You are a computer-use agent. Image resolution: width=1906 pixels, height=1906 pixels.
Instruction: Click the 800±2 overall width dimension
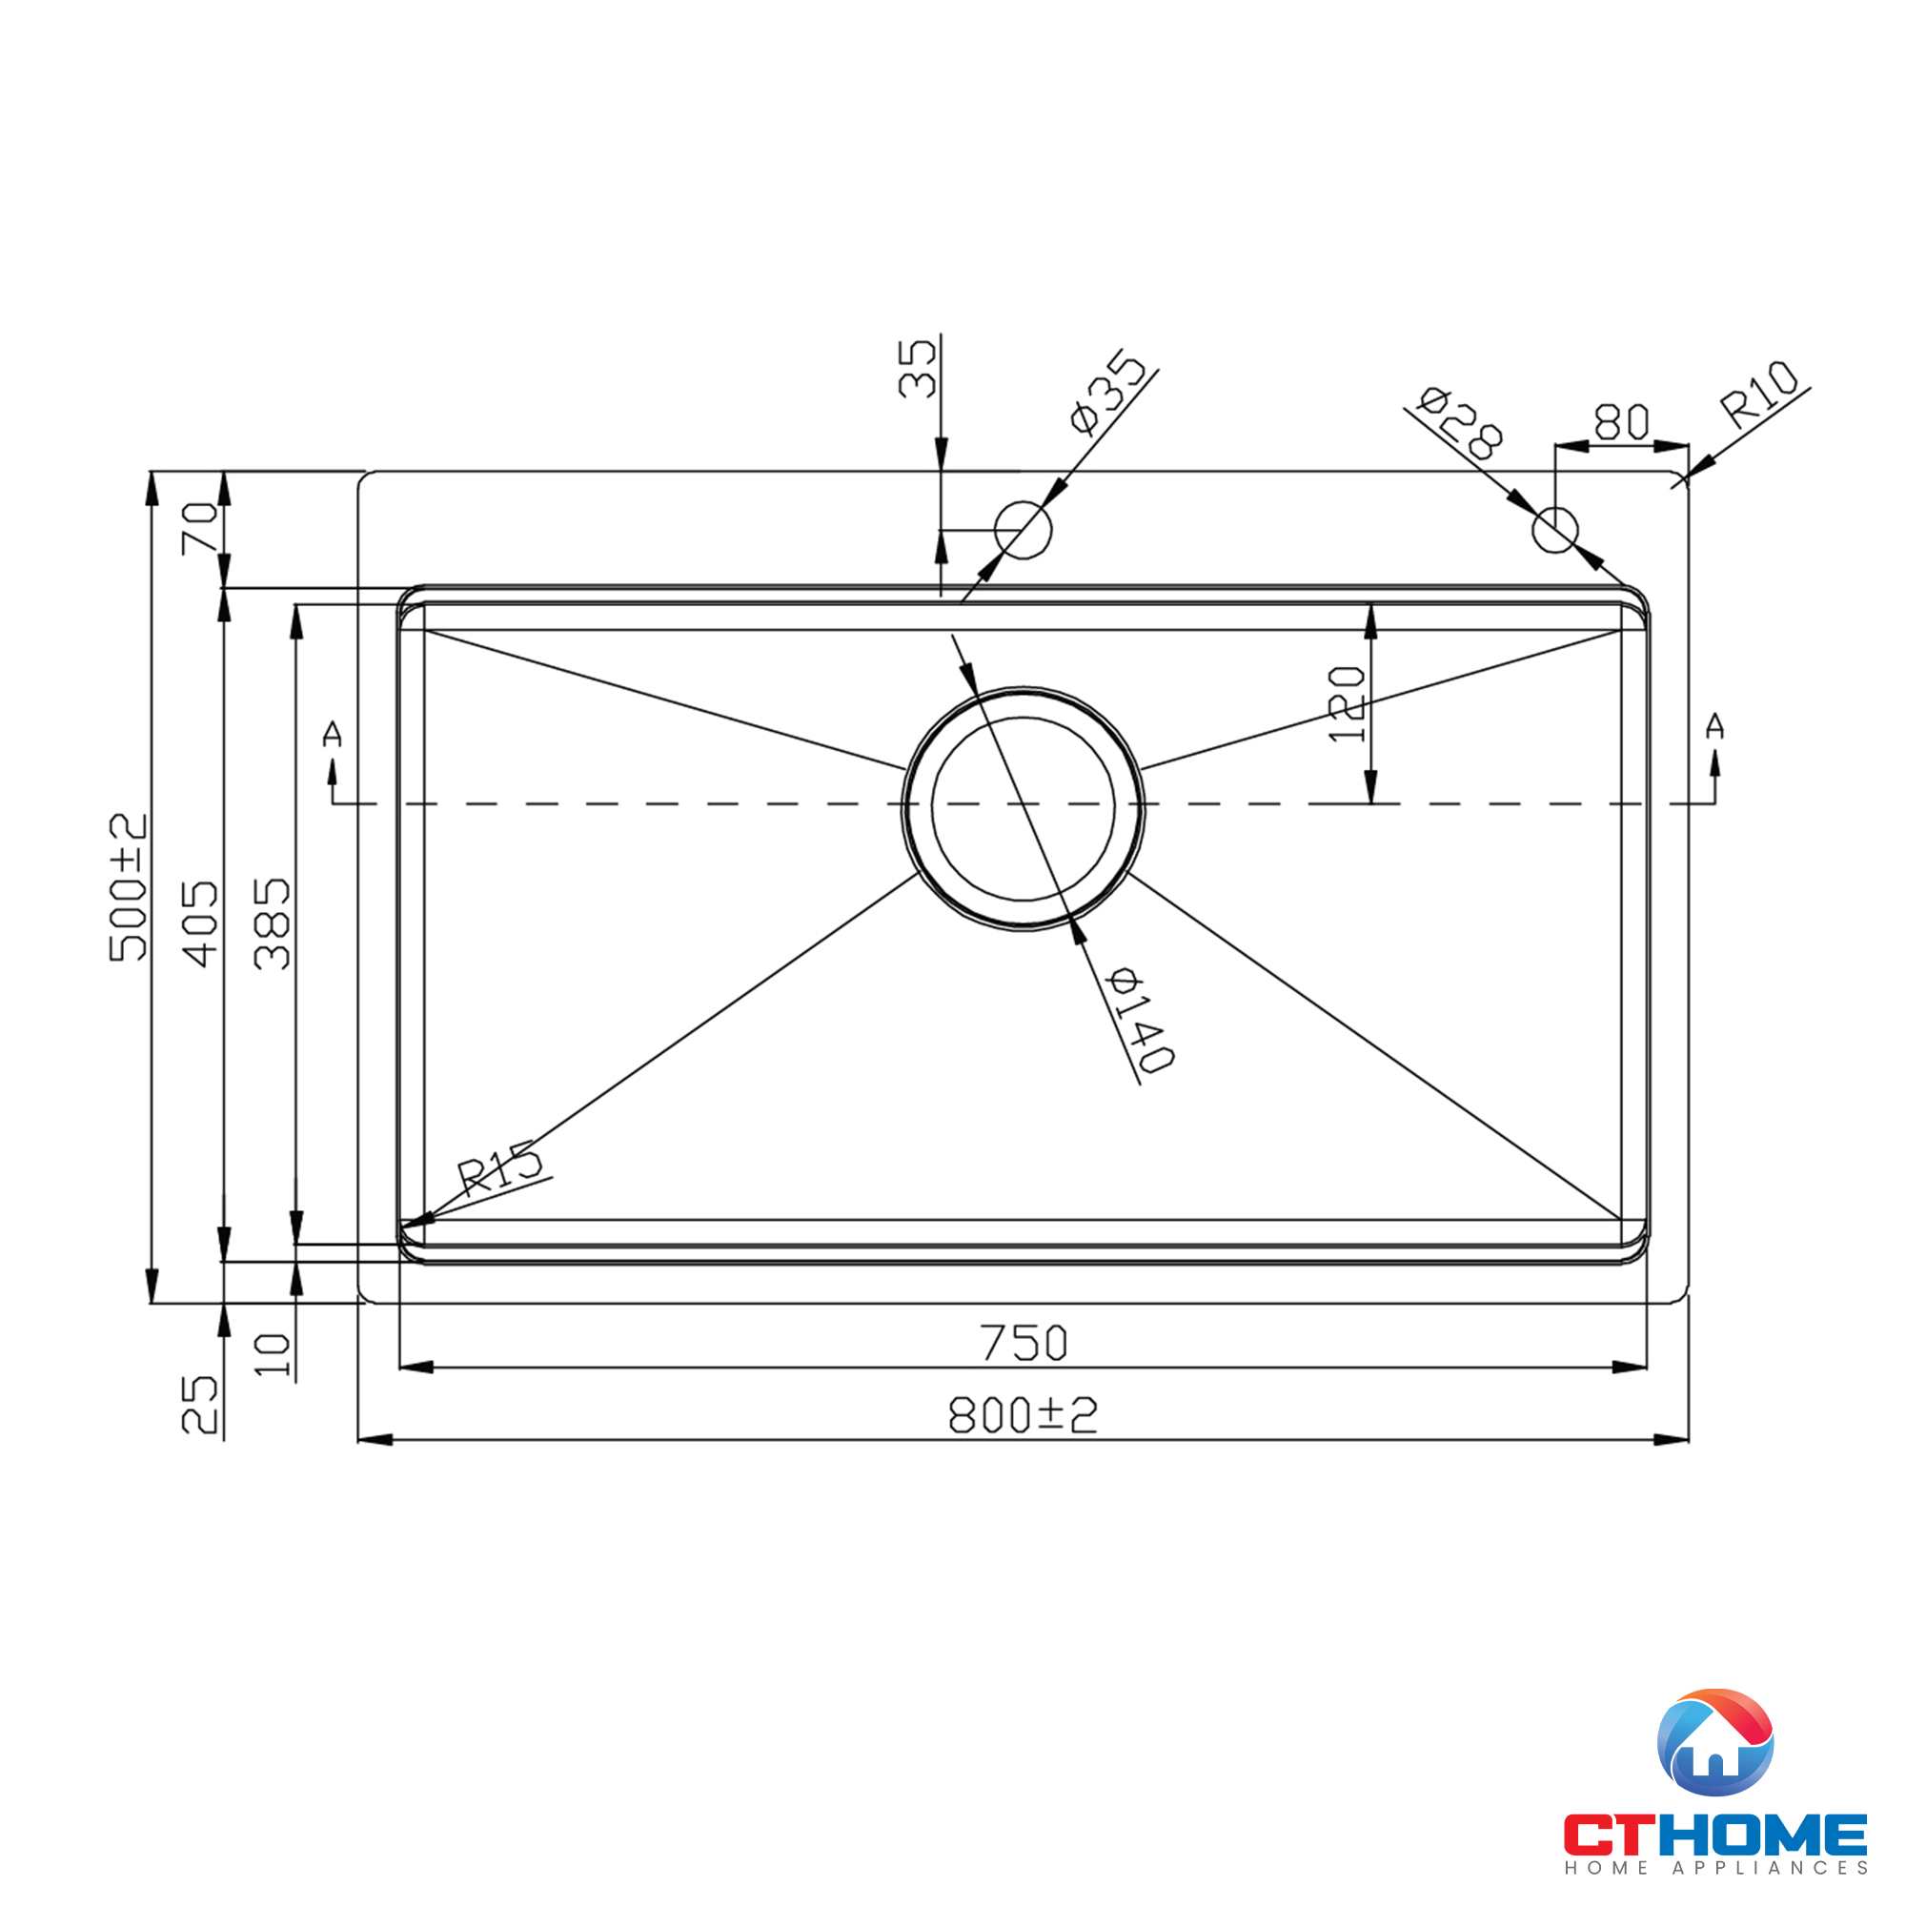tap(1022, 1414)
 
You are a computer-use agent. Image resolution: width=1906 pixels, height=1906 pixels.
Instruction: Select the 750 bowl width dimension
tap(1023, 1343)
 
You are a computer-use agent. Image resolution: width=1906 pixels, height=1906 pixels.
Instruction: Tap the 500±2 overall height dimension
tap(129, 886)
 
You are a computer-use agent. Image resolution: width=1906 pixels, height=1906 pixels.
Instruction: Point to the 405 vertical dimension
tap(200, 923)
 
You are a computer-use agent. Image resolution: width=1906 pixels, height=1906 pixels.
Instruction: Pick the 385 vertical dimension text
tap(273, 923)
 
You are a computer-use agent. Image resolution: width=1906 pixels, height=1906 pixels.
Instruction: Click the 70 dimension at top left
tap(200, 528)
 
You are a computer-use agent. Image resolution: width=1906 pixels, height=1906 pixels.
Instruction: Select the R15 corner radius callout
tap(500, 1168)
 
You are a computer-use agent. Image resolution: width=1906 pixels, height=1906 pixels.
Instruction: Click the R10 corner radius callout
tap(1759, 394)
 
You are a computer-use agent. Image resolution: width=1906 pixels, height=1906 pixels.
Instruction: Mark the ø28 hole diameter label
tap(1460, 423)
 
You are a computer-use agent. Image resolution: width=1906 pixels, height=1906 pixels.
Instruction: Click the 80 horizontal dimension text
tap(1621, 422)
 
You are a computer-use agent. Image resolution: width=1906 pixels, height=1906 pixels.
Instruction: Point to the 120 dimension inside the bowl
tap(1347, 704)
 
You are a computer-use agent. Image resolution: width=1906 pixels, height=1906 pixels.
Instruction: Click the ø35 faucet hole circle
tap(1023, 530)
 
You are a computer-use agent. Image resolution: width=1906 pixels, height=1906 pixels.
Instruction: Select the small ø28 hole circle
tap(1554, 530)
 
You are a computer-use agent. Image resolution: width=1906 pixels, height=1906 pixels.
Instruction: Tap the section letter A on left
tap(333, 734)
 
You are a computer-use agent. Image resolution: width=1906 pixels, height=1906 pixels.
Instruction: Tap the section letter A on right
tap(1714, 726)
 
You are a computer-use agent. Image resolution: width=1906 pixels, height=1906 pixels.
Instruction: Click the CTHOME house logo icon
tap(1715, 1742)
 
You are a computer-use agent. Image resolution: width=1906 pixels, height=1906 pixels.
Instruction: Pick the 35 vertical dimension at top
tap(918, 368)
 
